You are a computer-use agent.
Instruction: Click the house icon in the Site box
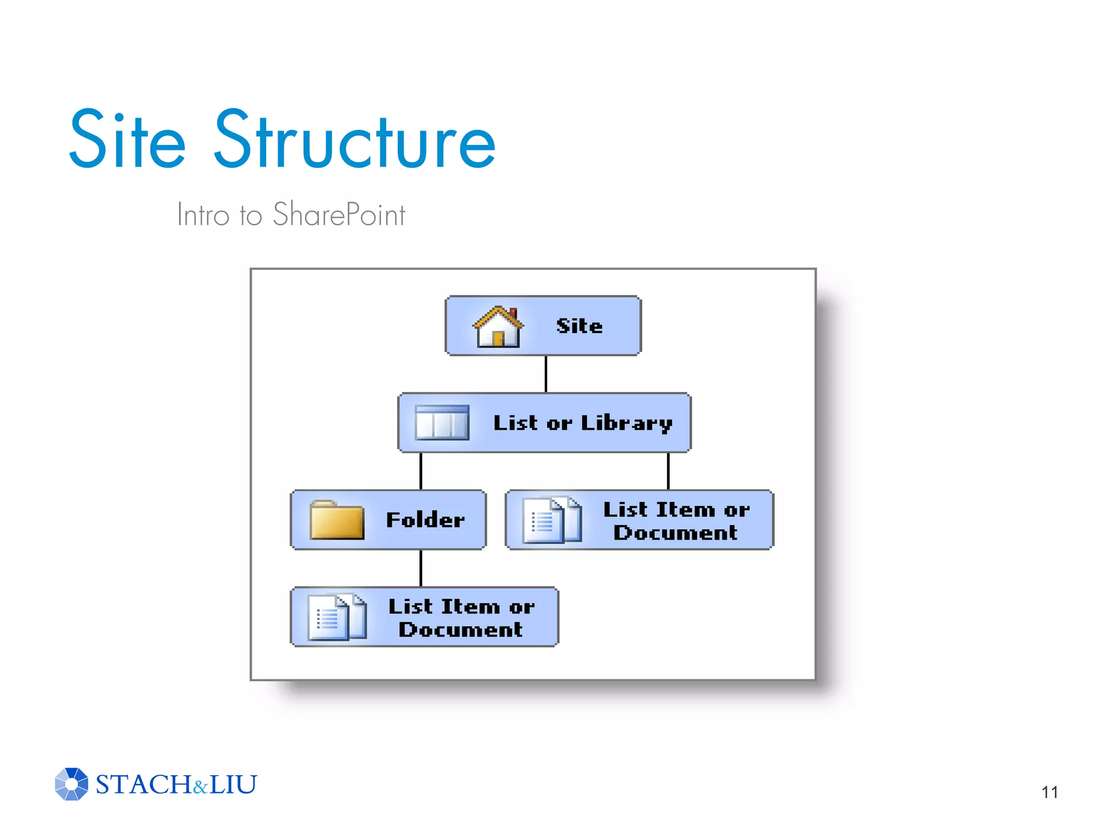click(x=498, y=327)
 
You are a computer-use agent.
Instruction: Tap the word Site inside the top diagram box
click(x=579, y=326)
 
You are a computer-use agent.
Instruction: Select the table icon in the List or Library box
click(x=441, y=423)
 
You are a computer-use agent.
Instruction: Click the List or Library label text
click(x=583, y=423)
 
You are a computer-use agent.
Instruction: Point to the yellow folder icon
click(x=337, y=520)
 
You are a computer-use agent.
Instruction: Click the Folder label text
click(x=425, y=520)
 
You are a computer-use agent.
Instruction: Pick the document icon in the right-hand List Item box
click(x=551, y=520)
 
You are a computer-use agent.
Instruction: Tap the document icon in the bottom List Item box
click(x=337, y=617)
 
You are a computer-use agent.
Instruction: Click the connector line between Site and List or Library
click(x=546, y=374)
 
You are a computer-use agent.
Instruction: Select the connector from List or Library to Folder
click(x=420, y=471)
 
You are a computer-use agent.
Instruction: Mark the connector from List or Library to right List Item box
click(x=668, y=471)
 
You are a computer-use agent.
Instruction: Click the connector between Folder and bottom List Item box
click(x=420, y=568)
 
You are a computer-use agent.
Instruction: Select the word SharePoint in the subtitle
click(x=339, y=215)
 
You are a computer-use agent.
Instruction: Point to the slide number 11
click(x=1050, y=792)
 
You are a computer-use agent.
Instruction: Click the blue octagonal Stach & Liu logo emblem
click(x=71, y=784)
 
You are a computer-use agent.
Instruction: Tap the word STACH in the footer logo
click(x=143, y=784)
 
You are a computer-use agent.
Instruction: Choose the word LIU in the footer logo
click(x=233, y=784)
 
